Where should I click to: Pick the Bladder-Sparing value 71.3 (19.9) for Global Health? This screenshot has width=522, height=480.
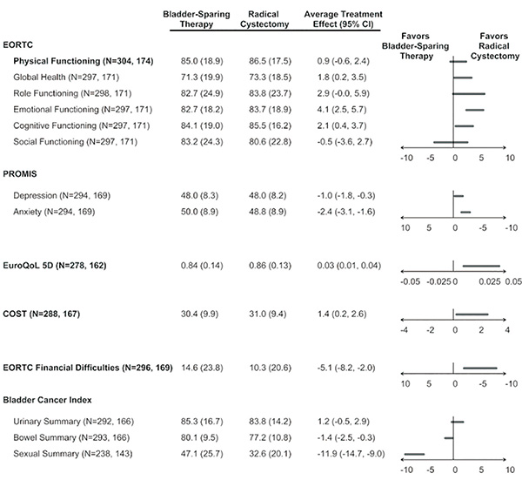click(x=190, y=77)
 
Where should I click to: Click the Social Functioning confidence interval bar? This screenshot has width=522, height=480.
click(x=451, y=140)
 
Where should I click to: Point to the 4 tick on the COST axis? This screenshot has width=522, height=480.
click(x=507, y=330)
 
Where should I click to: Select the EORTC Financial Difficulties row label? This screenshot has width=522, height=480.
click(x=90, y=368)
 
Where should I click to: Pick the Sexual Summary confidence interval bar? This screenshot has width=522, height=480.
click(x=414, y=454)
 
